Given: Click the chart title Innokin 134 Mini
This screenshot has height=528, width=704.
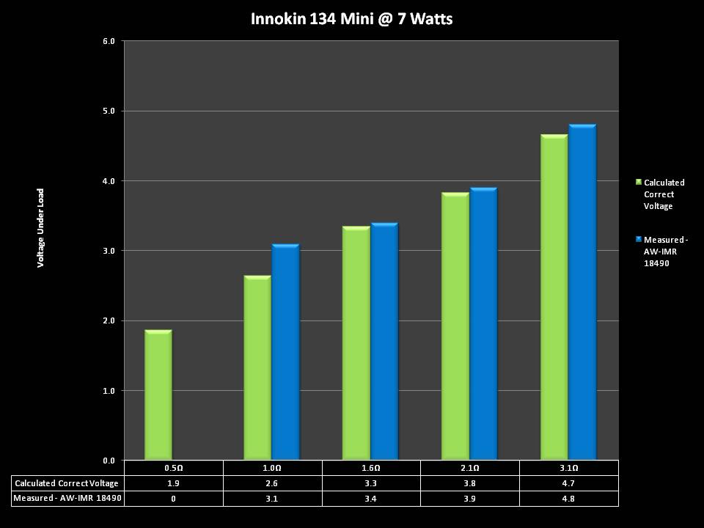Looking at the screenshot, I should coord(351,19).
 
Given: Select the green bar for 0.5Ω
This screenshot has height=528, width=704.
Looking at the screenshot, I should coord(158,396).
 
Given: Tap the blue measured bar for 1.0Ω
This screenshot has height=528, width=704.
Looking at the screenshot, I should coord(285,352).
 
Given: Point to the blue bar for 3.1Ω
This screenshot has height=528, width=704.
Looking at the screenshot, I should coord(582,293).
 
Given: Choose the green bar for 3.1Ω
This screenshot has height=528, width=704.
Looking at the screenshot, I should coord(554,298).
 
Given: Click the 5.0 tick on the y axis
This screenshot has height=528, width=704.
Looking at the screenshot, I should coord(109,111).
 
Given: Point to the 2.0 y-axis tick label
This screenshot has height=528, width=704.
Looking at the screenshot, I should coord(109,320).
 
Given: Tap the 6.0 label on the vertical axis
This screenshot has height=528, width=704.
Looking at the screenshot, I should coord(109,41).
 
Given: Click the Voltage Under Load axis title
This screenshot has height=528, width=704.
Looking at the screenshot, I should coord(41,227).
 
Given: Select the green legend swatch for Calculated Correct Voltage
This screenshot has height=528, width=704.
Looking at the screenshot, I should coord(639,182).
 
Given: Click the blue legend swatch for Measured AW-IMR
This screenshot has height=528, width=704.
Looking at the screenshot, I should coord(639,239).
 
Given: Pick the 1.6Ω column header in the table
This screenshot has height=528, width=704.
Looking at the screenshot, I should coord(371,468).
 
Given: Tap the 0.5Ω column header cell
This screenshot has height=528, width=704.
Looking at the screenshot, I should coord(173,468).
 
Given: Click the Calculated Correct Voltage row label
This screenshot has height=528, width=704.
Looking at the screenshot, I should coord(67,483).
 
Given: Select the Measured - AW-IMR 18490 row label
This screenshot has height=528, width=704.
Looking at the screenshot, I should coord(67,499).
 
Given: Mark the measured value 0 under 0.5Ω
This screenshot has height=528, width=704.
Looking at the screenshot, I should coord(173,499).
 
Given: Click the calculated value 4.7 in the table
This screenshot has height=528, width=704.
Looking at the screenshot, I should coord(569,483).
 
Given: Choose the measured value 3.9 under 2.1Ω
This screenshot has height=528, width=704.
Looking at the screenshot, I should coord(470,499).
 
